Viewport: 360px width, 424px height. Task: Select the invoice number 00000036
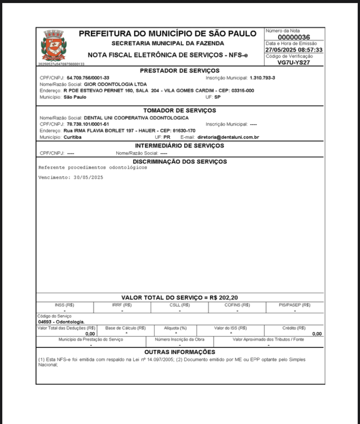coord(294,37)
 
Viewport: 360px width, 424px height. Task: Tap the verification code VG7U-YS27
coord(294,62)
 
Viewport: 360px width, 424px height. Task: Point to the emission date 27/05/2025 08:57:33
coord(294,50)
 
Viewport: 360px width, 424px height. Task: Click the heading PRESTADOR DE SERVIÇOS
coord(180,71)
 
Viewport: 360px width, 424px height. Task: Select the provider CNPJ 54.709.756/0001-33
coord(88,78)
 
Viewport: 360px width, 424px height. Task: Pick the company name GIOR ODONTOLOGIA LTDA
coord(115,84)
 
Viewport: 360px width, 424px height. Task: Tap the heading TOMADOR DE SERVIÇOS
coord(180,110)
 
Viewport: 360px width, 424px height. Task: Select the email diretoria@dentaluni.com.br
coord(228,137)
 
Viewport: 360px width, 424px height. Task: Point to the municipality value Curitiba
coord(72,137)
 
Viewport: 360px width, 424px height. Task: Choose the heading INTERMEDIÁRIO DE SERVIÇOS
coord(180,146)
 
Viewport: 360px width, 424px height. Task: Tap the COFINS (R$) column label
coord(237,305)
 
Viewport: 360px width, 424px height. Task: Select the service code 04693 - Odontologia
coord(61,322)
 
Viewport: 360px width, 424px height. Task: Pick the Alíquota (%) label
coord(175,328)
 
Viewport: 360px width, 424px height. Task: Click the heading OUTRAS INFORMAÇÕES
coord(180,352)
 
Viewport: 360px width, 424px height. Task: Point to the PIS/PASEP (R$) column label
coord(295,305)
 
